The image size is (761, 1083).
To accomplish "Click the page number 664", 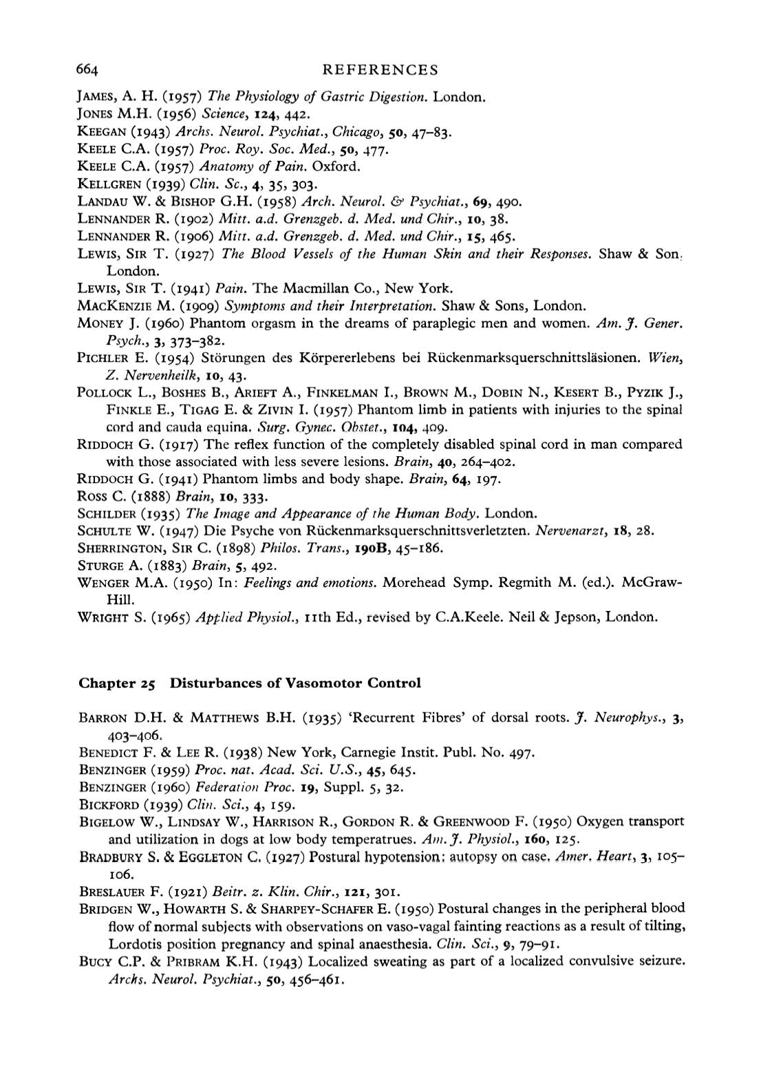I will [x=89, y=69].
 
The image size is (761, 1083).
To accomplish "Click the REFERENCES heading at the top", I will [x=380, y=69].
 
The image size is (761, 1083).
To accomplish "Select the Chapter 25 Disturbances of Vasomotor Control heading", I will [x=249, y=683].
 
